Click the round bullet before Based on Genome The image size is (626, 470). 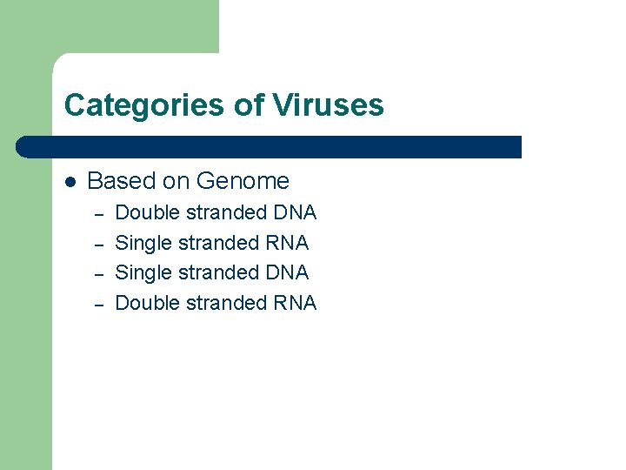(x=70, y=182)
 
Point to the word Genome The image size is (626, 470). (x=243, y=181)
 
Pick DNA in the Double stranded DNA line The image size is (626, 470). (x=295, y=212)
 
